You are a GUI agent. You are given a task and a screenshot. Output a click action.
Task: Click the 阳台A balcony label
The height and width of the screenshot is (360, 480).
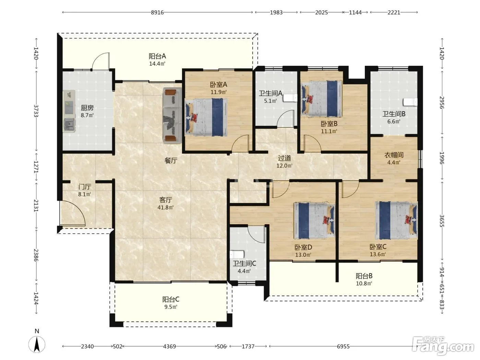pos(157,56)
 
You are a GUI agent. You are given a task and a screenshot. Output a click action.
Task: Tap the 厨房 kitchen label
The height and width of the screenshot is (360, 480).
pos(87,108)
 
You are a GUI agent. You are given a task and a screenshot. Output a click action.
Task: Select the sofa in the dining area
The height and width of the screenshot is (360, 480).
pos(172,116)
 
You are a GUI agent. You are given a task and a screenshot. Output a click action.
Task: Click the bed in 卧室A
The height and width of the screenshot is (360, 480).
pos(206,117)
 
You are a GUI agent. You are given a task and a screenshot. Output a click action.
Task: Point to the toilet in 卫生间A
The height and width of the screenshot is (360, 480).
pos(290,98)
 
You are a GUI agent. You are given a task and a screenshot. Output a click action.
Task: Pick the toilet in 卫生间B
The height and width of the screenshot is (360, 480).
pos(410,102)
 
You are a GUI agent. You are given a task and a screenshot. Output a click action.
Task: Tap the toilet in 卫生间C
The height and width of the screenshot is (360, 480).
pos(237,255)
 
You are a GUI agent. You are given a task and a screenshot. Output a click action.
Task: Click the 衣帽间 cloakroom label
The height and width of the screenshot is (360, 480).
pos(394,155)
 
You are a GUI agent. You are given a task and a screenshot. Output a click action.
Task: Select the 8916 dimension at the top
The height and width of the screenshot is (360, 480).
pos(157,12)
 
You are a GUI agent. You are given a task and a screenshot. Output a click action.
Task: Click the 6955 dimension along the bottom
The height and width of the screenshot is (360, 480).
pos(343,346)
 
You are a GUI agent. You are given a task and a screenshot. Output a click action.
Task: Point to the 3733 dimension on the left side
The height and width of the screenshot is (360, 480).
pos(36,111)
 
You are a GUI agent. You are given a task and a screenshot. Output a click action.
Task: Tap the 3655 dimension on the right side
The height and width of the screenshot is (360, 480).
pos(442,221)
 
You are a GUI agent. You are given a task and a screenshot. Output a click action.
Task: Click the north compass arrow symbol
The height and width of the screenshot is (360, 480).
pos(37,345)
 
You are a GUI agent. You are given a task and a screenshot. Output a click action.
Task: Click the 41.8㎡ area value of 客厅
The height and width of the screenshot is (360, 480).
pos(166,207)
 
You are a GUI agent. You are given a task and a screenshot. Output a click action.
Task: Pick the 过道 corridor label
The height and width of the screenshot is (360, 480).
pos(284,158)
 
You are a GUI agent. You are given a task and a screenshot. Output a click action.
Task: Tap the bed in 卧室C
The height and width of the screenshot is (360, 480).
pos(396,220)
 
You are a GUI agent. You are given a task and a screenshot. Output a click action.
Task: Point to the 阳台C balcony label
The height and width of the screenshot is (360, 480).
pos(171,299)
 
